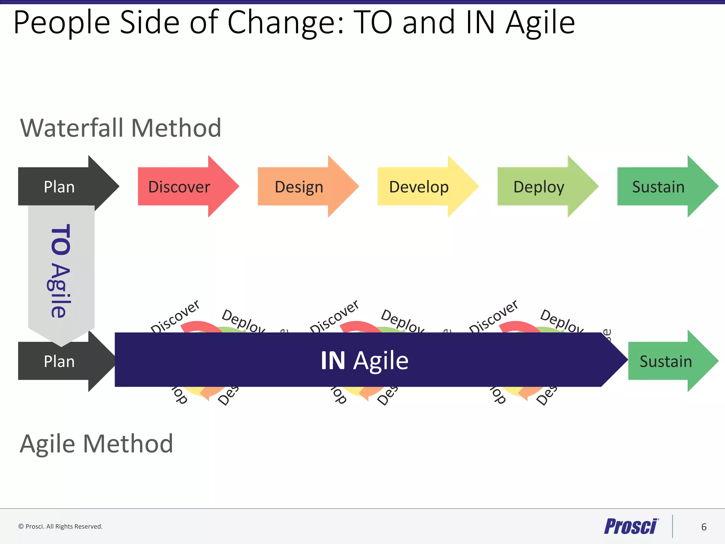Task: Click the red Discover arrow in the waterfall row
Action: (181, 187)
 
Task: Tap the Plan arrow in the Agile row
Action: (59, 361)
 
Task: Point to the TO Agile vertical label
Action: (61, 271)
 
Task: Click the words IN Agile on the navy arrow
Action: (365, 361)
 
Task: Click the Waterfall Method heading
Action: (121, 128)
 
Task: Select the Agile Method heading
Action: (96, 444)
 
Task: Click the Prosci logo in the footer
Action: (631, 526)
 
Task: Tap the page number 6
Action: (704, 527)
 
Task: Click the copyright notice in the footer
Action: (60, 526)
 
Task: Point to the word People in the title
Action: (62, 23)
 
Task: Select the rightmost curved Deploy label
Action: (562, 321)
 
